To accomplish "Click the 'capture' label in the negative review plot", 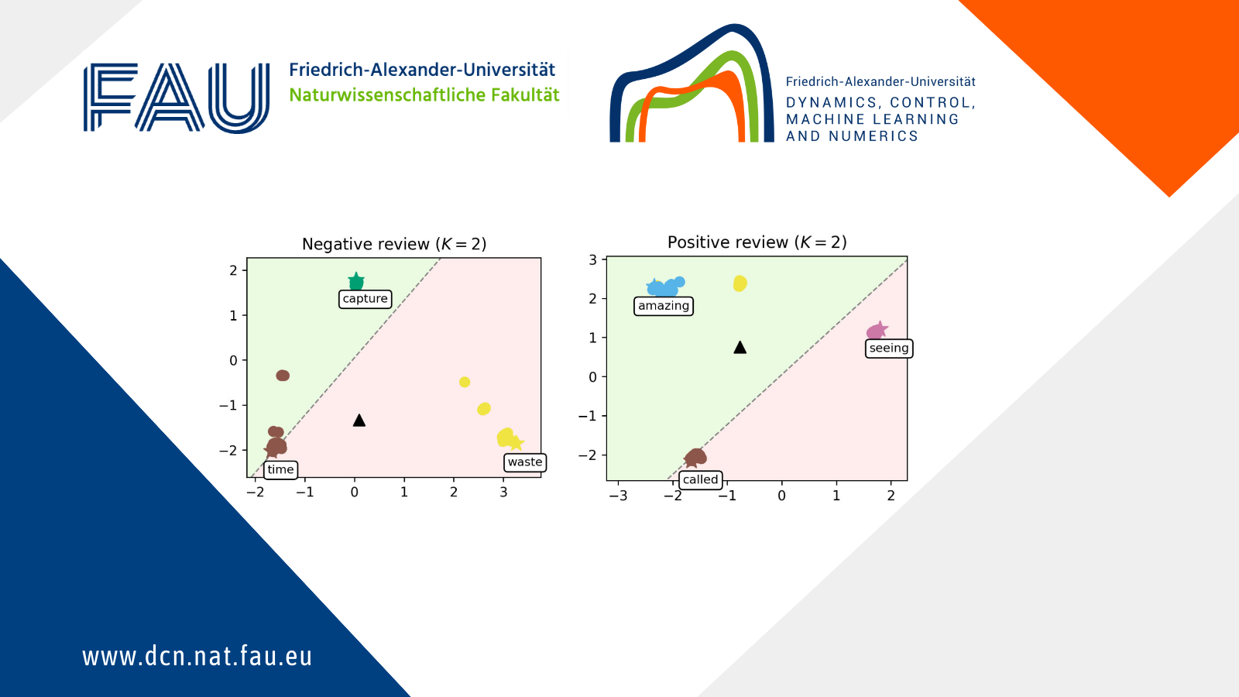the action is tap(365, 299).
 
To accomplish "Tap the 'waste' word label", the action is tap(525, 462).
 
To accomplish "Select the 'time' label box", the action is tap(280, 469).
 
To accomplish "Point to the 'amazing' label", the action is tap(663, 306).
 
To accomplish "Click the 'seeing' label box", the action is tap(889, 348).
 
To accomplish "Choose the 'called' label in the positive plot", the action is tap(700, 479).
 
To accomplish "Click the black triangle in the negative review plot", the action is tap(359, 421).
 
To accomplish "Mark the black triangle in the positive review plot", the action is tap(740, 348).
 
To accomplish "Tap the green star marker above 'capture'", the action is tap(356, 280).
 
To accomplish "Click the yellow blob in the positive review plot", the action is tap(740, 283).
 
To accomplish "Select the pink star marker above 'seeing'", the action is tap(879, 329).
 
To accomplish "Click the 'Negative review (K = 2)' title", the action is tap(394, 244).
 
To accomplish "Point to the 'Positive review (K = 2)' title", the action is tap(757, 242).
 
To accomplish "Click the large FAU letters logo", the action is tap(177, 98).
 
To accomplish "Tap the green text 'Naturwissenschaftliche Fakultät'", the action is tap(424, 95).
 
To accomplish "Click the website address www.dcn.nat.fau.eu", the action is tap(197, 657).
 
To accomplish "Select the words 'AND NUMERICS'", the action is tap(852, 136).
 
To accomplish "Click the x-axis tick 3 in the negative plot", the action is tap(503, 493).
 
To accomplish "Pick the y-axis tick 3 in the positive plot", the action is tap(593, 260).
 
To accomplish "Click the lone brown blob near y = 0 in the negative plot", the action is tap(283, 376).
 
